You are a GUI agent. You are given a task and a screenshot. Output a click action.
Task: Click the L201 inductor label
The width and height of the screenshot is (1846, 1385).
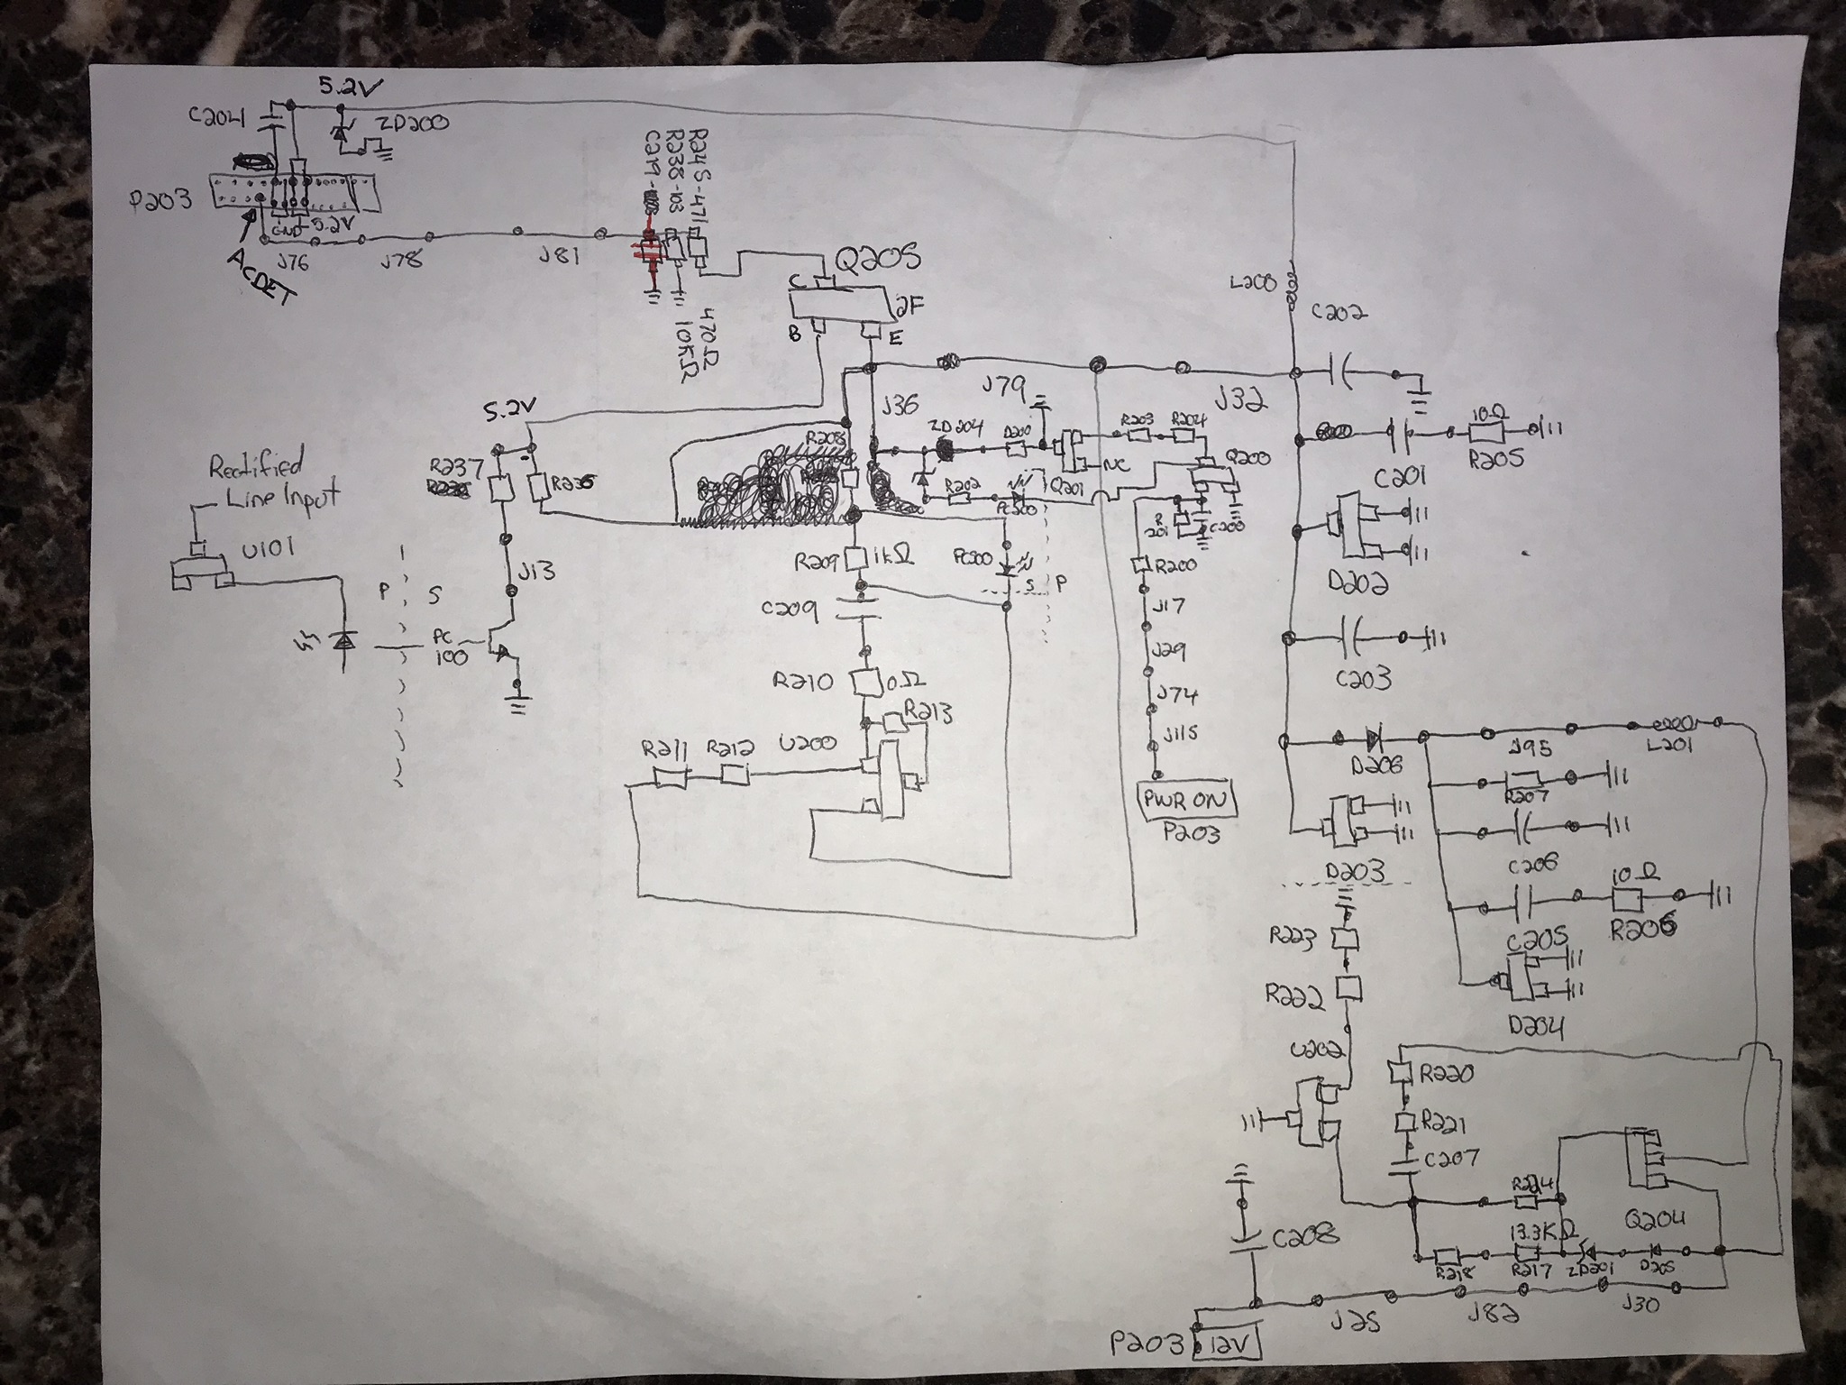click(1670, 748)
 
